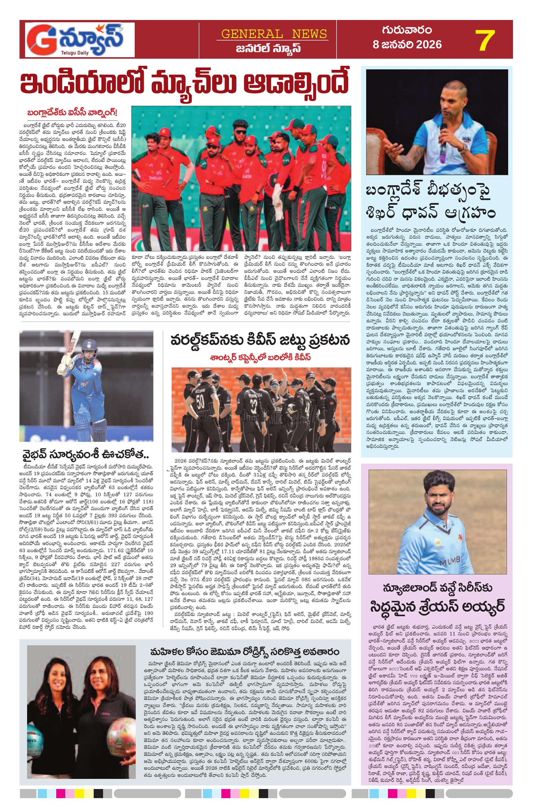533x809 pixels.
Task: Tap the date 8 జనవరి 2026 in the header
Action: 407,45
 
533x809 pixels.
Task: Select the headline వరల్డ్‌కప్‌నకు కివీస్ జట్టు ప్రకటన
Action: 261,340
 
